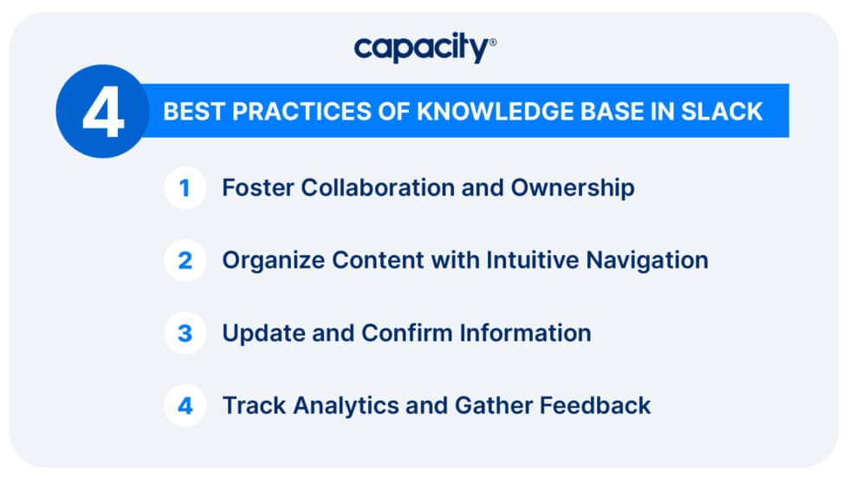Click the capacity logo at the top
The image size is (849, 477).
[x=425, y=48]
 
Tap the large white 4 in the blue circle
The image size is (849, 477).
[x=103, y=113]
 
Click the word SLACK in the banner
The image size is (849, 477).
[x=721, y=112]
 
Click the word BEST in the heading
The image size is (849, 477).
[x=194, y=112]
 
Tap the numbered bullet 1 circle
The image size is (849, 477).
[x=185, y=188]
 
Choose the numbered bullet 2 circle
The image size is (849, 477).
[x=185, y=260]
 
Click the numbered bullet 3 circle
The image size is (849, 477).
[x=185, y=333]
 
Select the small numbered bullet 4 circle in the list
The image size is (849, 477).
[x=185, y=406]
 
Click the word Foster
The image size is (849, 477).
[x=258, y=188]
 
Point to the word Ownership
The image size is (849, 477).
[x=573, y=189]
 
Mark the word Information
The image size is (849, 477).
[x=525, y=333]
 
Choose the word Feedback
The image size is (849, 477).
[x=595, y=406]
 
